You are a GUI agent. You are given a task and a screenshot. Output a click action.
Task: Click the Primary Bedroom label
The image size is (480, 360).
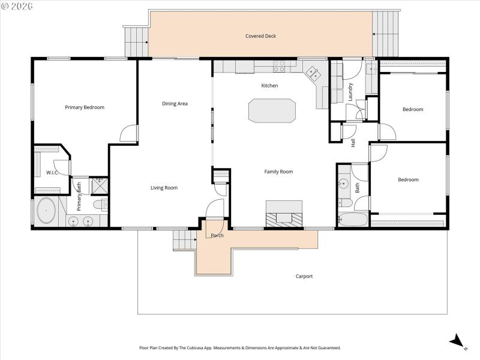point(85,107)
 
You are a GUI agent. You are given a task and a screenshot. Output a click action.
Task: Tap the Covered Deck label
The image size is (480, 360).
point(260,36)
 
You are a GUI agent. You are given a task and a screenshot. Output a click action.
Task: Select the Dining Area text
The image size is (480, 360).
point(175,104)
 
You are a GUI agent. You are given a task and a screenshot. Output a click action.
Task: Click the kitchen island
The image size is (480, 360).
point(272,111)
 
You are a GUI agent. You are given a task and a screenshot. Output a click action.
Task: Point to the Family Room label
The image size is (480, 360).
point(278,172)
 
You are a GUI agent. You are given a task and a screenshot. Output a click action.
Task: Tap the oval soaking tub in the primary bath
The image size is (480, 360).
point(46,212)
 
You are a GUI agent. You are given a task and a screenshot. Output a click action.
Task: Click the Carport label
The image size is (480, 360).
point(304,277)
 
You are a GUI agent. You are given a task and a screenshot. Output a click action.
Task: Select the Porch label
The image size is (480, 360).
point(217,235)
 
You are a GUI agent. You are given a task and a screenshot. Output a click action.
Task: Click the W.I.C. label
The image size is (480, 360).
point(52,173)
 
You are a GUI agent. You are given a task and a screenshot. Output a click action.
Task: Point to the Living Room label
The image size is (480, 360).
point(164,188)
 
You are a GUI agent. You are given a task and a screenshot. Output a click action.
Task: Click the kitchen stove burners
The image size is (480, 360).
point(279,65)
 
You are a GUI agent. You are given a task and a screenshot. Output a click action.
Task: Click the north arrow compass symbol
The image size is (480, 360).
point(458,341)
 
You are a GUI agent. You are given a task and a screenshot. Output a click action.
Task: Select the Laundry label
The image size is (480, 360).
point(350,91)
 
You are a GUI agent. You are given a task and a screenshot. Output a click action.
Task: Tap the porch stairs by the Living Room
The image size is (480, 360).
point(185,240)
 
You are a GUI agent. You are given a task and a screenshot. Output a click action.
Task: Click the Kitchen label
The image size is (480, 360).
point(269,86)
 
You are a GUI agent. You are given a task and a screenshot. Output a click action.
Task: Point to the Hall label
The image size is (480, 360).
point(353,143)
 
